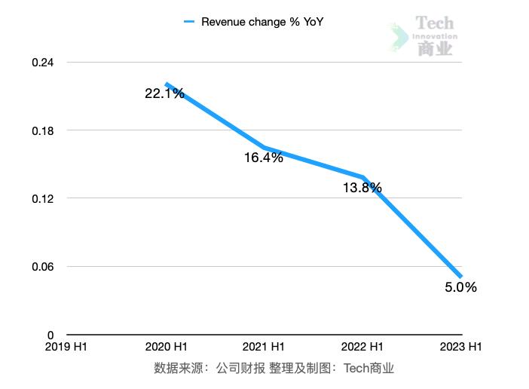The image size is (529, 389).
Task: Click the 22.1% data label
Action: tap(164, 93)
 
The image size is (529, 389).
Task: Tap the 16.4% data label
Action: tap(263, 158)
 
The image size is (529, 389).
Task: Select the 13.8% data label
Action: tap(362, 188)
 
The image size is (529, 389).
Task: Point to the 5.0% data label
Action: tap(460, 287)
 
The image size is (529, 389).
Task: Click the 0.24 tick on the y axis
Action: tap(43, 63)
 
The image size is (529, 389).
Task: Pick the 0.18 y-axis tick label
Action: tap(43, 130)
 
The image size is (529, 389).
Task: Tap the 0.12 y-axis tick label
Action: tap(43, 199)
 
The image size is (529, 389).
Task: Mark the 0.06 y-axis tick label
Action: tap(43, 267)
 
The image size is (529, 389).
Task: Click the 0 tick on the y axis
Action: tap(50, 335)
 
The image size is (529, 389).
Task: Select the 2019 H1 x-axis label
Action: tap(67, 347)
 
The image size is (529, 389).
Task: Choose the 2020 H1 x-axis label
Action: tap(166, 347)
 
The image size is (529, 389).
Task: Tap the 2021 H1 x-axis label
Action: tap(264, 347)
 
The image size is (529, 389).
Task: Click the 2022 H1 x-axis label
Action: tap(362, 347)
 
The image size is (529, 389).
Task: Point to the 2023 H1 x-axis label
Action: tap(460, 347)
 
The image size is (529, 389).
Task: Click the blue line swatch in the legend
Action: tap(189, 23)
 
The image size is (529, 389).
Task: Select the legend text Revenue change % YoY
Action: tap(261, 23)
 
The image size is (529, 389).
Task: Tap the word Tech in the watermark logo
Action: tap(435, 23)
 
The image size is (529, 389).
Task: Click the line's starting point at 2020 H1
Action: tap(167, 84)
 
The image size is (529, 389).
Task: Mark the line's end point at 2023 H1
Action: tap(461, 277)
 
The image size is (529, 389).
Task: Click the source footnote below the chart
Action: tap(274, 369)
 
